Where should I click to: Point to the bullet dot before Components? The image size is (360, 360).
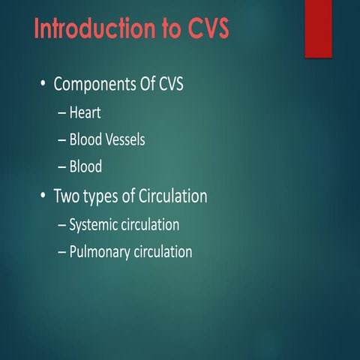pos(43,85)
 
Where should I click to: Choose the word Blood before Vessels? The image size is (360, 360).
pos(86,140)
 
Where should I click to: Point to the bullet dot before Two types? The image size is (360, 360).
pos(43,196)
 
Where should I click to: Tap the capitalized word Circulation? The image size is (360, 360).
pos(174,196)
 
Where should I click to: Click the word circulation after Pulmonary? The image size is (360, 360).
pos(163,252)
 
